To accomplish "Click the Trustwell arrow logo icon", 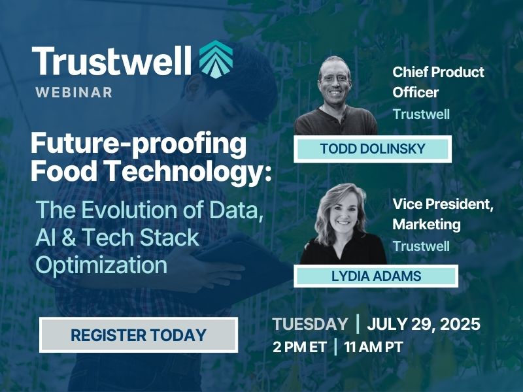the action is [216, 59].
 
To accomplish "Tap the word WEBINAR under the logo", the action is [74, 92].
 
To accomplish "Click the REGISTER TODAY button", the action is [139, 335].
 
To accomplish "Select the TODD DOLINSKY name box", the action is [373, 149].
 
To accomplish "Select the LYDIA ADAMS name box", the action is [376, 276].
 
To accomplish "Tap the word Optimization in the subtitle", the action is [101, 266].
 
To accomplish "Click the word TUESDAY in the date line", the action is [310, 324].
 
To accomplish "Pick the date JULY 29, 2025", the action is [424, 324].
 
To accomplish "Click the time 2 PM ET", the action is [299, 347].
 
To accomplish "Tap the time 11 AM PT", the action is [373, 347].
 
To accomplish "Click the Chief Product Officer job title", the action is [438, 82].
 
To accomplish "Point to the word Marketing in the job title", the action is [426, 224].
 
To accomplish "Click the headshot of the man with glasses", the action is [335, 95].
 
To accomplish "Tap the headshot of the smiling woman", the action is [343, 223].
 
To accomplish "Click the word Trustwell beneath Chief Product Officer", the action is [421, 114].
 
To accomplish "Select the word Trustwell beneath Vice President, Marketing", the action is [421, 246].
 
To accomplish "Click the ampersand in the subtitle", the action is [69, 238].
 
